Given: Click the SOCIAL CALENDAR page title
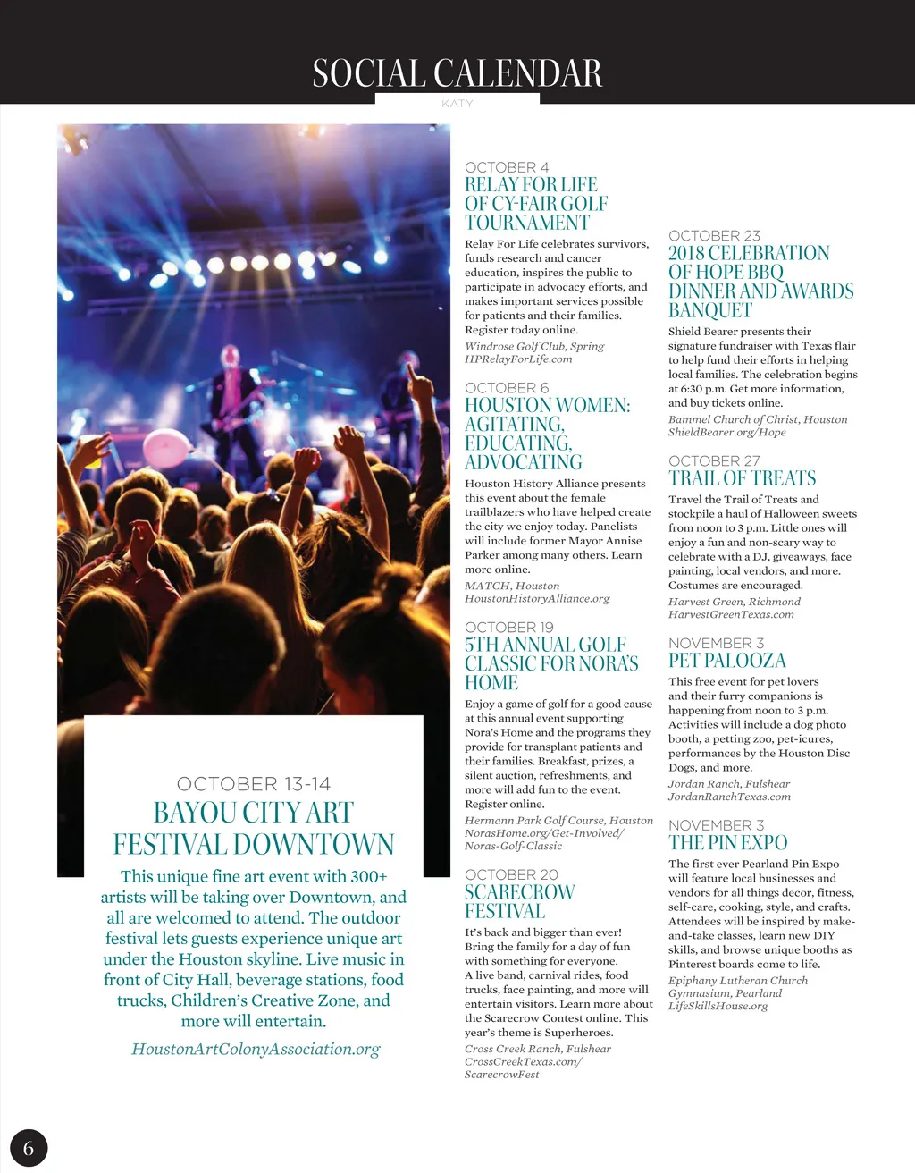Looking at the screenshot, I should click(x=457, y=73).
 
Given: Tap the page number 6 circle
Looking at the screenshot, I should click(x=29, y=1148).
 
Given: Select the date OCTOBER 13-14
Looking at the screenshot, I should click(x=254, y=784).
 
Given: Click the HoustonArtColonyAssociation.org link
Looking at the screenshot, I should click(x=256, y=1049).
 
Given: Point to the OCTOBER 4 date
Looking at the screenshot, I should click(x=507, y=167).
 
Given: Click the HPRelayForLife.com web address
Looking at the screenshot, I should click(x=518, y=359).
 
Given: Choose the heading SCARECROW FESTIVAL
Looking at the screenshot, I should click(x=519, y=901).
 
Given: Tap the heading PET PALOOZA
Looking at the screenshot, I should click(x=727, y=661).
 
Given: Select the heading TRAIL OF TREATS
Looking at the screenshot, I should click(x=742, y=478).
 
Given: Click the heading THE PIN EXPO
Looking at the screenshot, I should click(x=728, y=843).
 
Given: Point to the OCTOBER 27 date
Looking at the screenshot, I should click(x=714, y=461).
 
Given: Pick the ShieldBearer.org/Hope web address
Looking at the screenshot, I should click(x=726, y=433).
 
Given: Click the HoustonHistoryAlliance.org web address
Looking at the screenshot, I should click(x=537, y=599).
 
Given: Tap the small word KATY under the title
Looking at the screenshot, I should click(x=457, y=104).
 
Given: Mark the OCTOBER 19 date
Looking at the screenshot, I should click(x=509, y=628).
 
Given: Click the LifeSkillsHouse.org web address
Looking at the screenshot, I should click(x=718, y=1006).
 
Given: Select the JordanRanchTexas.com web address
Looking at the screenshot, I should click(x=729, y=797).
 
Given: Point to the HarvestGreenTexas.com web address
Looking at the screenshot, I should click(x=731, y=614).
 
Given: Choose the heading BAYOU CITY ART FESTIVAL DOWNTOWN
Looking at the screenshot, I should click(x=254, y=828).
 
